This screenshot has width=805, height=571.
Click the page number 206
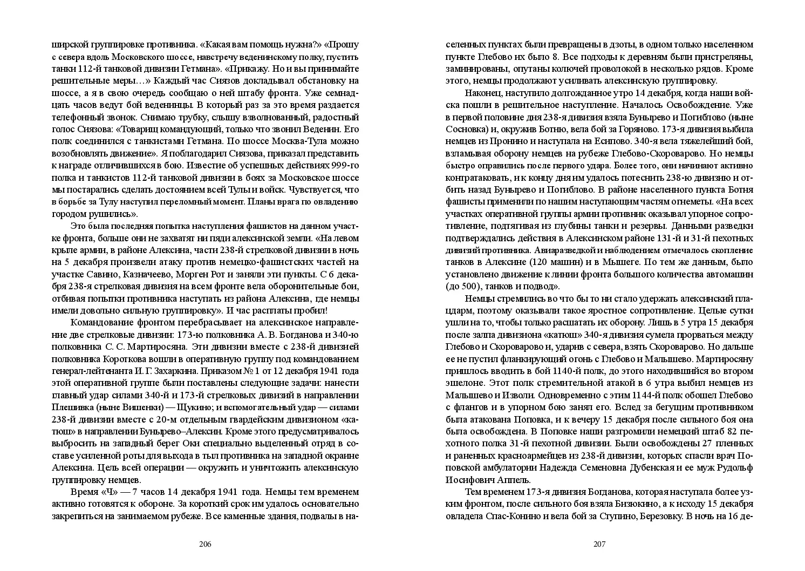[205, 543]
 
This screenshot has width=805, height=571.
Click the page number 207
[600, 543]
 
